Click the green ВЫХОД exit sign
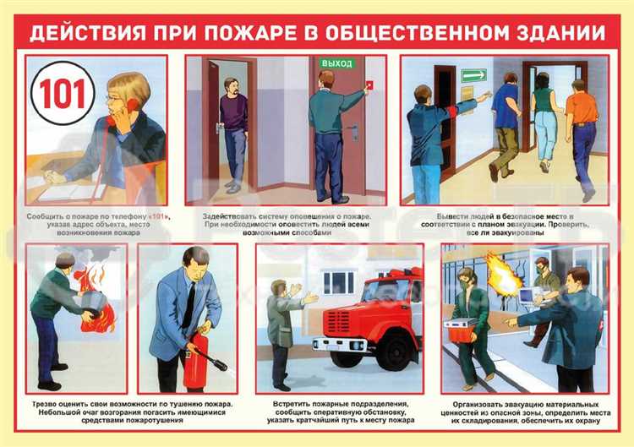(x=336, y=63)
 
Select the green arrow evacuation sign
(x=474, y=75)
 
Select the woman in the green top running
(x=544, y=118)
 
